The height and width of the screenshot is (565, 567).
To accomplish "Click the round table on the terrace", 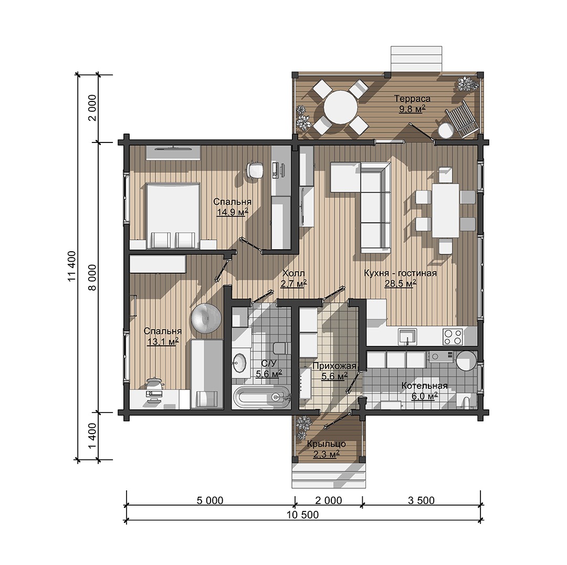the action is (340, 108).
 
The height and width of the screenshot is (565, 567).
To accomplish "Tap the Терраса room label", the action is (412, 98).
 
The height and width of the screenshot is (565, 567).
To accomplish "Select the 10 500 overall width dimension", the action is (303, 515).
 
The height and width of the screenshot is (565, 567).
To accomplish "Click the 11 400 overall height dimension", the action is (72, 266).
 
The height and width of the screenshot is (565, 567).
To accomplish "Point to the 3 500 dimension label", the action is (421, 500).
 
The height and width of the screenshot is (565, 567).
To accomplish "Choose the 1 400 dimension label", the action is (92, 435).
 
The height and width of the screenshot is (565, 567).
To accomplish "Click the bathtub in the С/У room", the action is (261, 397).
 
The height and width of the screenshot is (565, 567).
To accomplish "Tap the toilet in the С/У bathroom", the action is (281, 348).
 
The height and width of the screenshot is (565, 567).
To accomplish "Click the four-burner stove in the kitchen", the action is (453, 336).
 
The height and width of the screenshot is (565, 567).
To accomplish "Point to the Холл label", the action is (293, 273).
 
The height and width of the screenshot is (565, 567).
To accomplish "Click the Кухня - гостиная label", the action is (400, 273).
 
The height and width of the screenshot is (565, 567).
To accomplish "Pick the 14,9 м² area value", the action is (232, 212).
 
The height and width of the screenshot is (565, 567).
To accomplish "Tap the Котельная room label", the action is (425, 386).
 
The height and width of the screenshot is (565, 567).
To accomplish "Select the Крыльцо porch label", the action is (326, 444).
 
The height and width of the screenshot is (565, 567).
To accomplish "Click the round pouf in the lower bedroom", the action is (206, 319).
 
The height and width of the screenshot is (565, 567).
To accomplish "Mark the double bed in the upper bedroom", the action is (173, 215).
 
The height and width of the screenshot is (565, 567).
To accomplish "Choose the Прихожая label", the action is (334, 366).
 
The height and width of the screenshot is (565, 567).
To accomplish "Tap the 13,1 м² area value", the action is (163, 341).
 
